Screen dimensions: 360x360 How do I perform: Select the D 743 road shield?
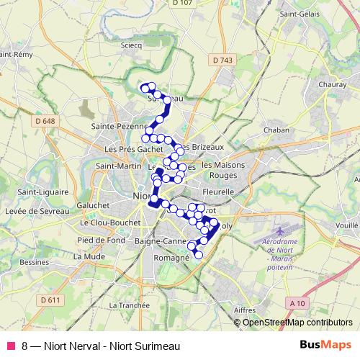point(225,60)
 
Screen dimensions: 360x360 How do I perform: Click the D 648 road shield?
point(44,121)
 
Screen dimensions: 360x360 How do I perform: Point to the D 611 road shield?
point(50,300)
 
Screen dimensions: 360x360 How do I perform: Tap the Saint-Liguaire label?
point(42,192)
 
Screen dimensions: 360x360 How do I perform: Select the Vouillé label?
point(346,225)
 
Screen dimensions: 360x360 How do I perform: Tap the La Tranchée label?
point(130,305)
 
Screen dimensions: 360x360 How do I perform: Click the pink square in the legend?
point(10,346)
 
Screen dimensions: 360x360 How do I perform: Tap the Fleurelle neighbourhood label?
point(218,192)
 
